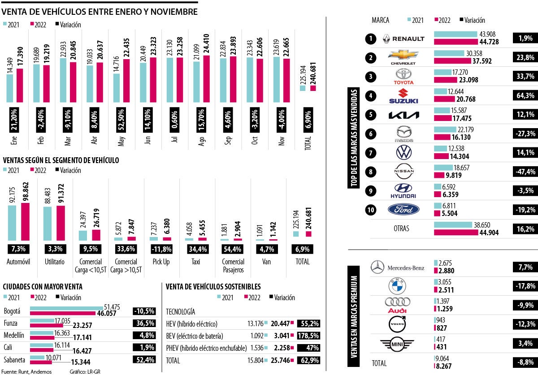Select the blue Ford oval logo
point(404,209)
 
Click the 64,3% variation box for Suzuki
point(524,96)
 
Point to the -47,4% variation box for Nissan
point(524,172)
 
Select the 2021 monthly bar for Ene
point(10,88)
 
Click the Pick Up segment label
point(161,262)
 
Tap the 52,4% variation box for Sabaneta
point(144,359)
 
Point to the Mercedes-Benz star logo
point(377,267)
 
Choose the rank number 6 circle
point(370,134)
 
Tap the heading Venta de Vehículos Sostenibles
point(213,287)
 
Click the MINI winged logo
point(397,344)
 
